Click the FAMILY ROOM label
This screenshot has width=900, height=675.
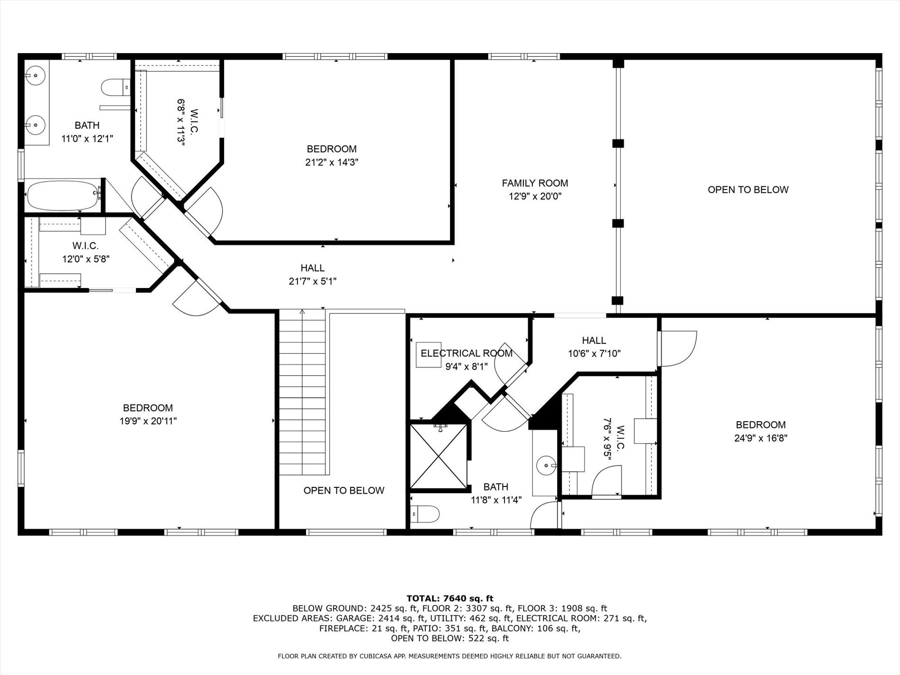[x=535, y=183]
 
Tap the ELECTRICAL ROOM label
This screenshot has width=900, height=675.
[x=467, y=353]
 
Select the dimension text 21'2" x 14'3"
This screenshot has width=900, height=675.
[x=332, y=162]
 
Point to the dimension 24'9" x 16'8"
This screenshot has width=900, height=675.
[x=761, y=438]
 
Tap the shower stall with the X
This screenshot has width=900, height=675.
[x=439, y=456]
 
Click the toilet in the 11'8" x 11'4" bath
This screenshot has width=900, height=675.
[x=425, y=513]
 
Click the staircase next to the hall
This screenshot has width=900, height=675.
[x=302, y=393]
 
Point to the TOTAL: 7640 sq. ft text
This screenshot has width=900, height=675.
[x=450, y=599]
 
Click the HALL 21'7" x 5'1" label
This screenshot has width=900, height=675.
[x=313, y=275]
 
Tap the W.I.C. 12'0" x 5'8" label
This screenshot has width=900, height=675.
[x=86, y=252]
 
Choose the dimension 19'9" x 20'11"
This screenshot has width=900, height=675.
[x=148, y=421]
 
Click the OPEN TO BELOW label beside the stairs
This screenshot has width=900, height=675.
[x=344, y=491]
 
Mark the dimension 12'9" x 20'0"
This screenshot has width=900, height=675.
[x=535, y=196]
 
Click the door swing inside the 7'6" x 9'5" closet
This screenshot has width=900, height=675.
[x=607, y=481]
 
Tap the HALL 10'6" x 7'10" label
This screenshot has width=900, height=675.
[x=594, y=347]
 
